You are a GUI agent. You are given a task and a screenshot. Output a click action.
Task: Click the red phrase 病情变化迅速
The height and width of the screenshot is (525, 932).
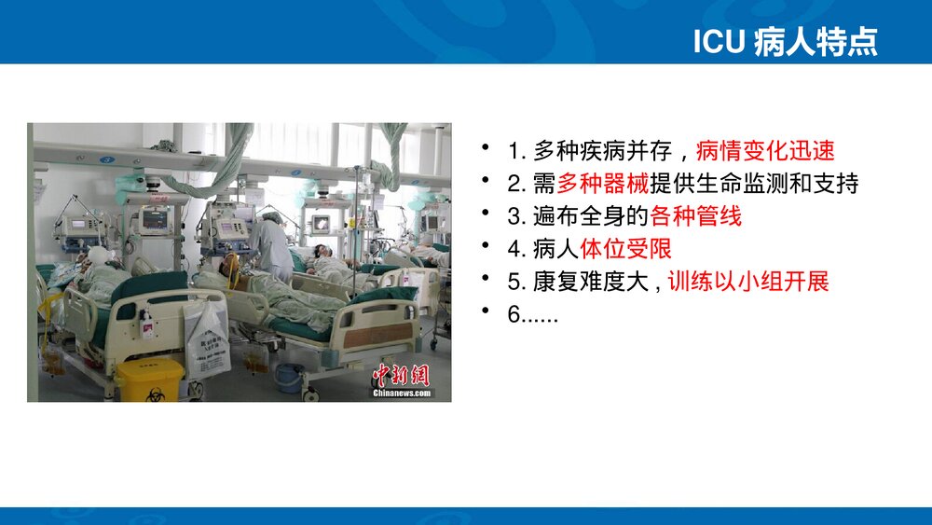(765, 151)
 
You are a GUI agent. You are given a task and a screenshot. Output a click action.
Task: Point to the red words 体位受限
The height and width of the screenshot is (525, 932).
(625, 249)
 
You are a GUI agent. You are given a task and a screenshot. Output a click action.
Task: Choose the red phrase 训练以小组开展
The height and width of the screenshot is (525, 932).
(748, 282)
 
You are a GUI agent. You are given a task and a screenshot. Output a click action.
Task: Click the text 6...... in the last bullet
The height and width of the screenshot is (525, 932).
(533, 314)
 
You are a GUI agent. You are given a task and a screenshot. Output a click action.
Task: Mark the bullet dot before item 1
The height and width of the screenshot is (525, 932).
(485, 149)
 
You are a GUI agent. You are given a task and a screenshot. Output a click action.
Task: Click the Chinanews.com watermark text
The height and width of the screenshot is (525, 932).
(403, 394)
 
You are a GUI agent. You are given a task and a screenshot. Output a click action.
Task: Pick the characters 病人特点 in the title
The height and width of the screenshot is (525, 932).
(815, 42)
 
